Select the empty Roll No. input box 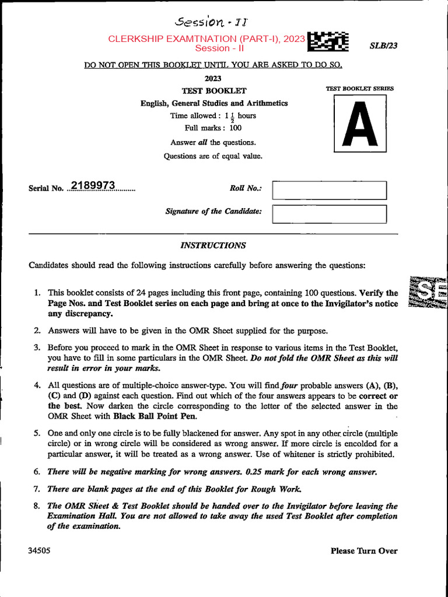click(x=330, y=190)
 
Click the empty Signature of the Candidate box click(x=330, y=214)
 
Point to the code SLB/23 click(x=383, y=46)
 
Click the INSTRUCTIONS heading click(x=213, y=245)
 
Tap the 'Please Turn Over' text click(x=363, y=550)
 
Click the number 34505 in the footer click(x=38, y=550)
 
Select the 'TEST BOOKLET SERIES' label click(x=359, y=89)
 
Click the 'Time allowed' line click(x=213, y=115)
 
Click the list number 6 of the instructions click(x=36, y=472)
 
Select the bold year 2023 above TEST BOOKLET click(x=213, y=78)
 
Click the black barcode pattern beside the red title click(x=328, y=43)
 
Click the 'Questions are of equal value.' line click(x=213, y=156)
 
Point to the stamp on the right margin click(x=429, y=294)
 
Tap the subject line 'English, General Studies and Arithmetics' click(x=213, y=103)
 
